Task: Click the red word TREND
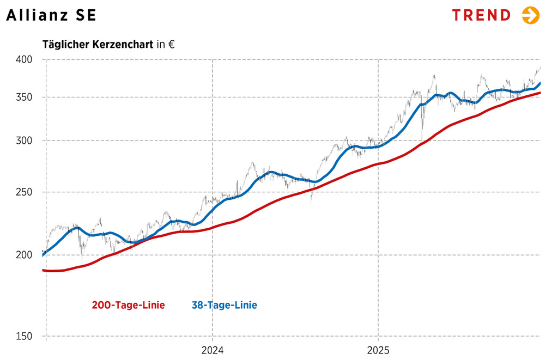point(481,15)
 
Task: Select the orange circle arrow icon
point(530,15)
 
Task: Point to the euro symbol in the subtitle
point(171,45)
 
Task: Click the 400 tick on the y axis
point(25,59)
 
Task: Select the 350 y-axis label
point(25,97)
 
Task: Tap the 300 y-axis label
point(25,141)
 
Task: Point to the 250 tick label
point(25,192)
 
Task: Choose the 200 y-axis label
point(25,254)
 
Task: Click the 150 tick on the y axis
point(25,337)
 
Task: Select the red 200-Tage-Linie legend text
point(128,305)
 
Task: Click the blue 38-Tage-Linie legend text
point(224,305)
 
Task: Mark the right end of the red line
point(540,93)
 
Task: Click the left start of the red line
point(44,270)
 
